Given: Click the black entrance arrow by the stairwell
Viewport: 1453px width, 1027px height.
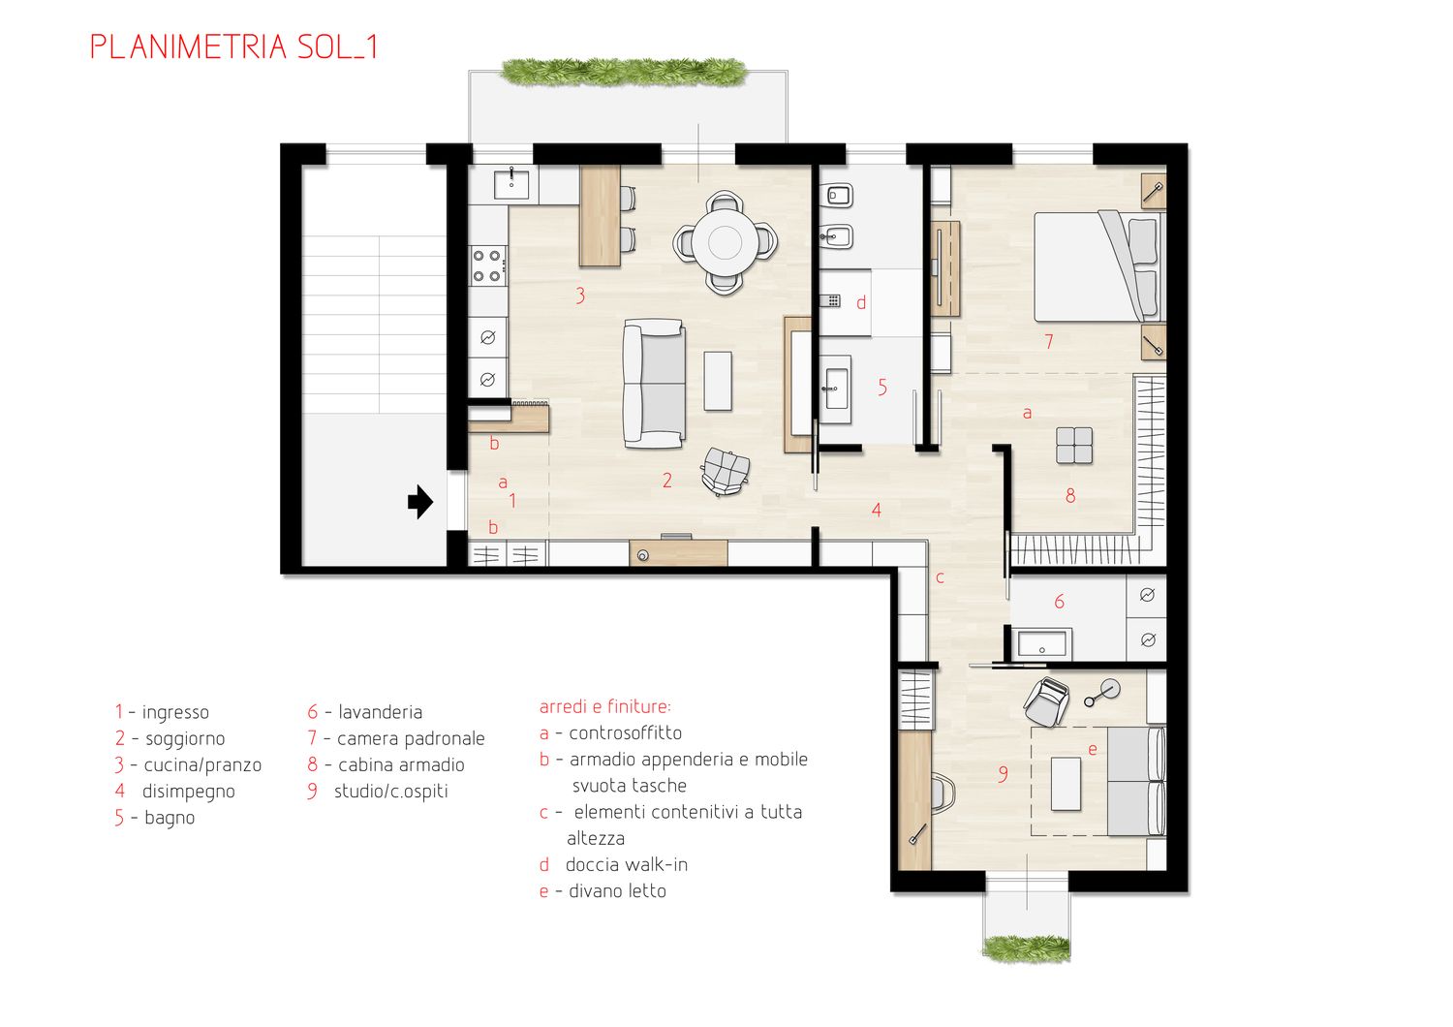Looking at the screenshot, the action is coord(420,502).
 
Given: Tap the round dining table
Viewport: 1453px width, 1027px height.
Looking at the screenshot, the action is coord(725,242).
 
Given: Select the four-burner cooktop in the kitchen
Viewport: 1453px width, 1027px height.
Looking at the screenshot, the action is coord(488,266).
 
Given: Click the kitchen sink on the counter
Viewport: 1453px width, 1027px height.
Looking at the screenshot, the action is coord(511,184).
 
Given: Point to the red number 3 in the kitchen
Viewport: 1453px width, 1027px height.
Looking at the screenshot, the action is coord(580,296).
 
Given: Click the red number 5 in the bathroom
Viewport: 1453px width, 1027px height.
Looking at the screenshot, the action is coord(882,388).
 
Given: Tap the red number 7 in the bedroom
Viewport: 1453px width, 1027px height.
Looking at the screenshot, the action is coord(1049,341).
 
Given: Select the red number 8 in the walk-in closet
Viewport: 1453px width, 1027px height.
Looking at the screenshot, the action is coord(1070,496).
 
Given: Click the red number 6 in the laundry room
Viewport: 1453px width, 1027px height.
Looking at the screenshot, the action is coord(1060,602).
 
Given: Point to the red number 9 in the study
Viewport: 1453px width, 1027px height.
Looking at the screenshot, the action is coord(1003,774).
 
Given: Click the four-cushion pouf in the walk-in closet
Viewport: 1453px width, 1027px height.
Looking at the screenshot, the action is coord(1074,446).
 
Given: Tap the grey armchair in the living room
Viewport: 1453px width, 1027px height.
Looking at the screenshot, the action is coord(726,470).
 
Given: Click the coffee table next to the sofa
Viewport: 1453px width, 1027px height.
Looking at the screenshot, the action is coord(718,381).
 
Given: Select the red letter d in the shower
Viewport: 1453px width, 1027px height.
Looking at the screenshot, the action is coord(861,302).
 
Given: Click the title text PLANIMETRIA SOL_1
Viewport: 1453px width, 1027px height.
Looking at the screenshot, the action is coord(233,47).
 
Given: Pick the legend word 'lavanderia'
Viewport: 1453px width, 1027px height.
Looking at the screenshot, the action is coord(380,712).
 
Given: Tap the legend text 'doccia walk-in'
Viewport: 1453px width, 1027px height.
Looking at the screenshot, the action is coord(627,865).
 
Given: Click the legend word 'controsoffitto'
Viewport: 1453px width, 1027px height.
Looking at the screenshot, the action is coord(626,733).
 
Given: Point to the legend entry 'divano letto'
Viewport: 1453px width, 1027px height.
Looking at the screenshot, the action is coord(618,891).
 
